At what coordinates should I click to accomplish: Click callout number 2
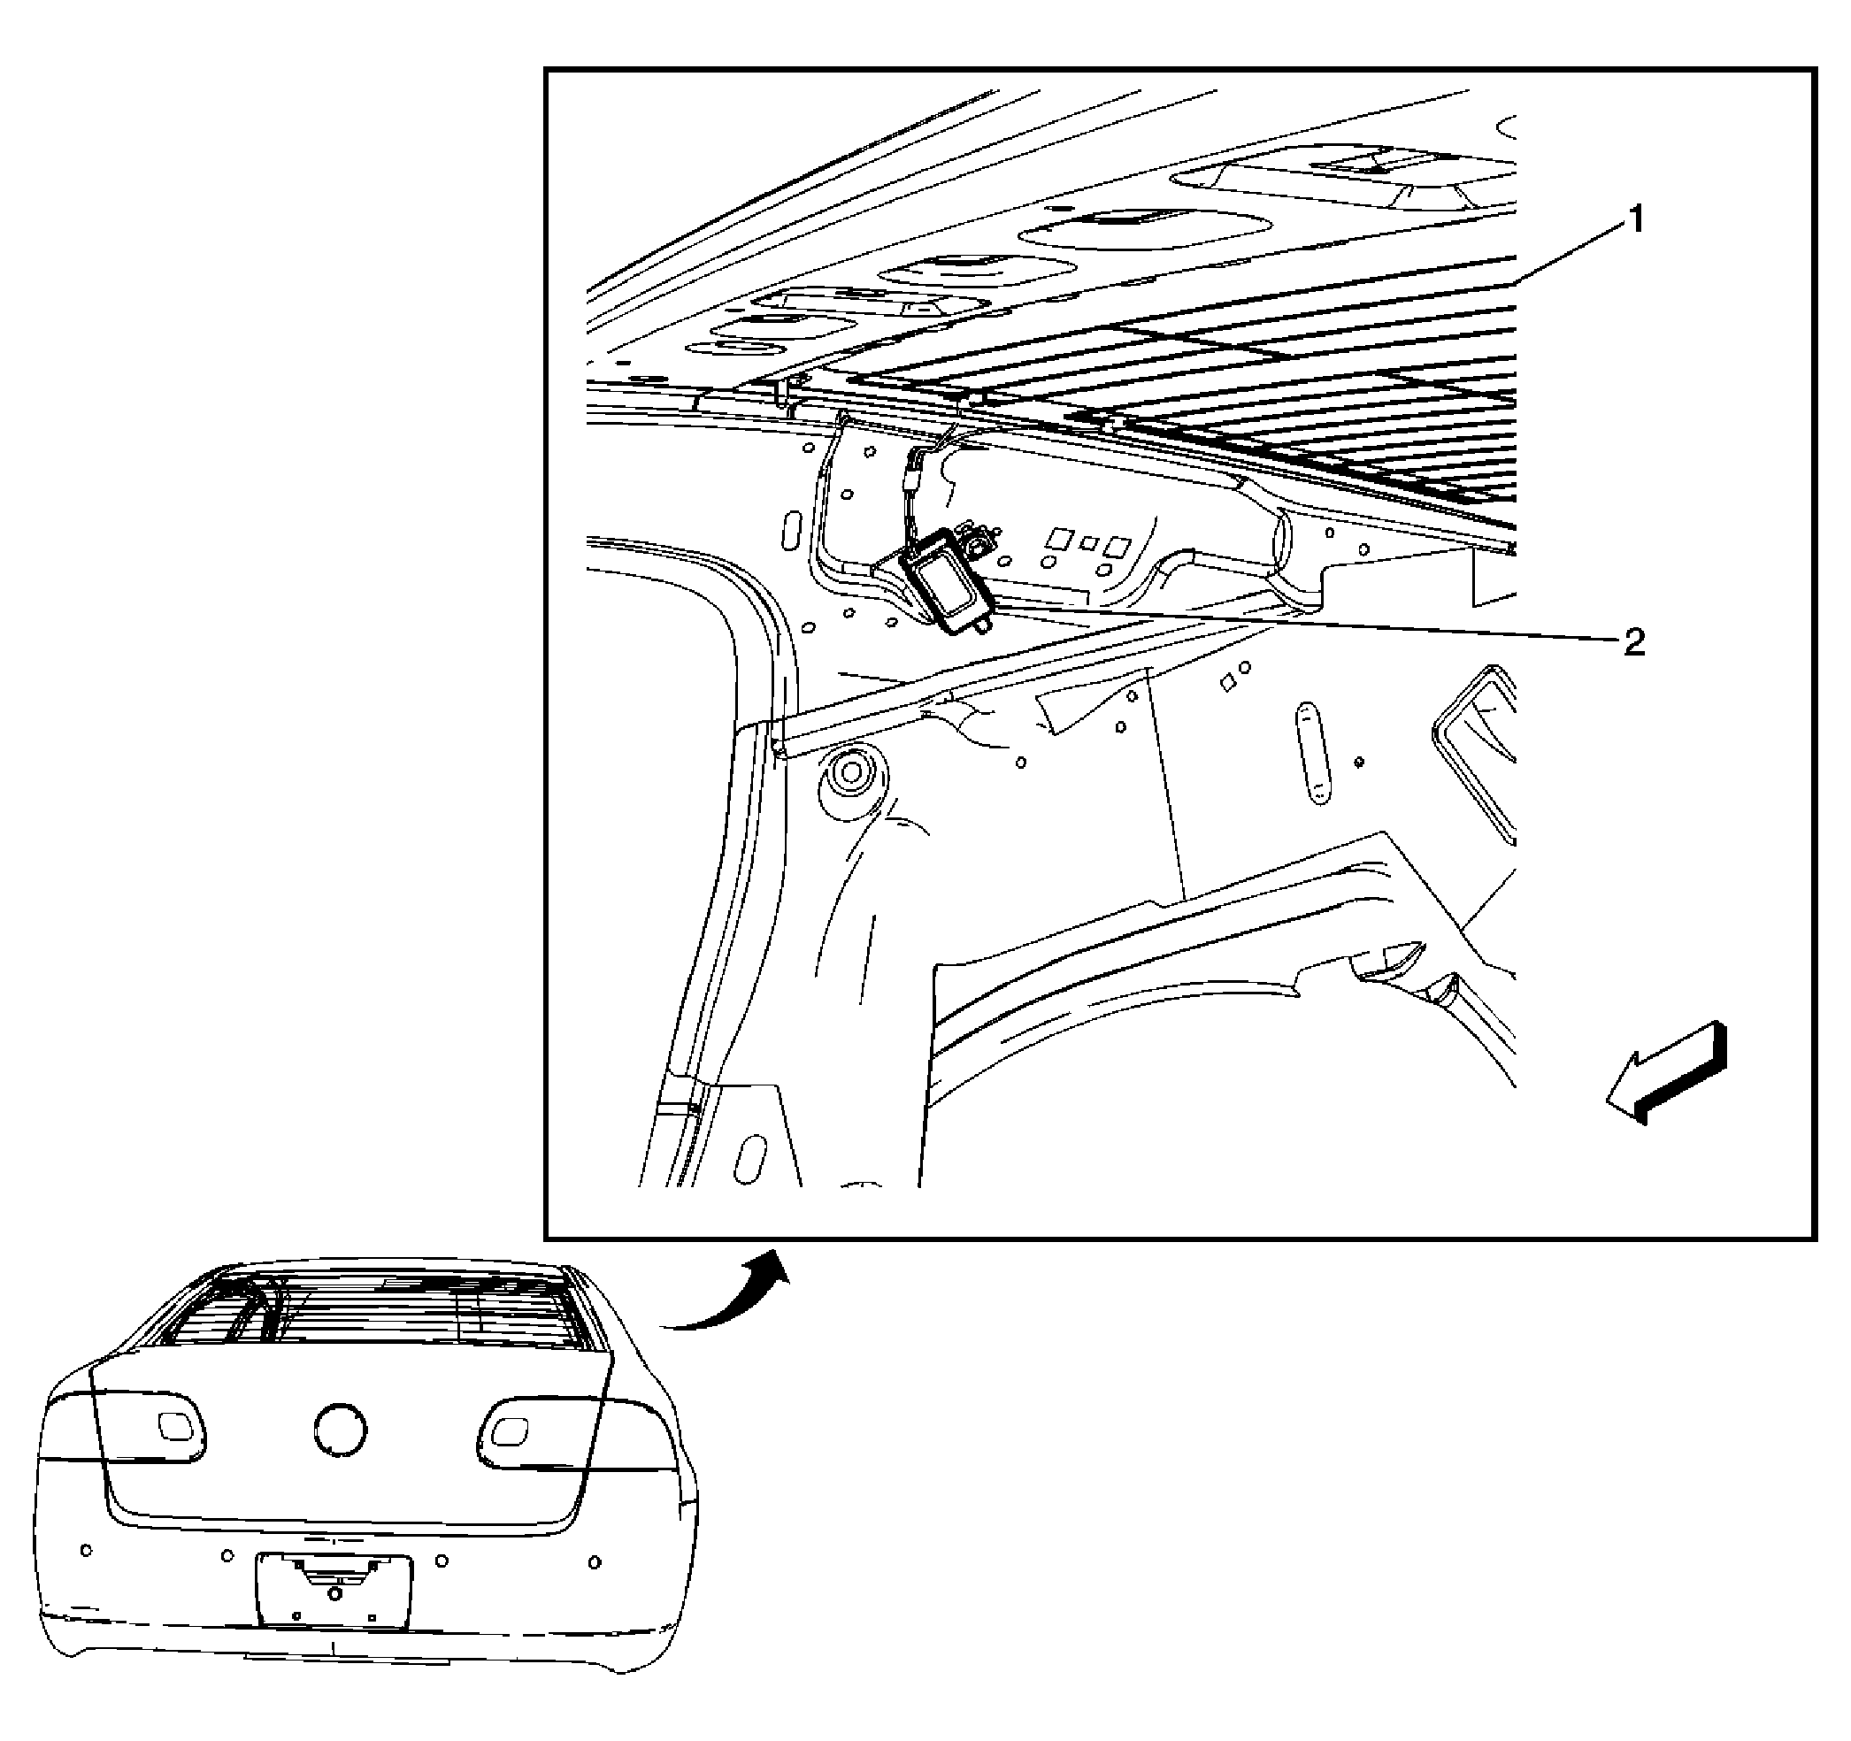tap(1633, 641)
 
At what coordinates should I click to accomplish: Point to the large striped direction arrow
tap(1666, 1073)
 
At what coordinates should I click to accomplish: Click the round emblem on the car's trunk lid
tap(341, 1429)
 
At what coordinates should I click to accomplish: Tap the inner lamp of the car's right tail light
tap(508, 1430)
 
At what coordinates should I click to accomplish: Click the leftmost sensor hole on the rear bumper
tap(87, 1550)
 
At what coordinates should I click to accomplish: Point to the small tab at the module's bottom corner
tap(979, 629)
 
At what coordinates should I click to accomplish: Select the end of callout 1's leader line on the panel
tap(1515, 281)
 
